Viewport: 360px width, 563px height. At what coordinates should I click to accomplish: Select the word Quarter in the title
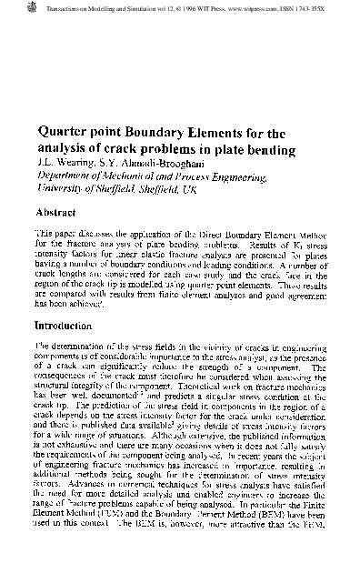64,133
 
